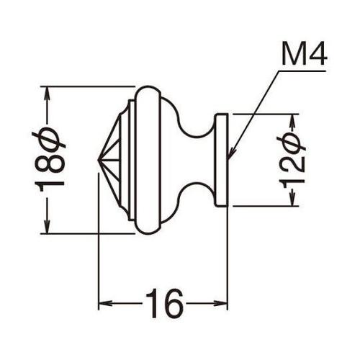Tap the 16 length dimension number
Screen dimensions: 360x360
click(163, 303)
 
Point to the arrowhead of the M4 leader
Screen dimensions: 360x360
click(229, 155)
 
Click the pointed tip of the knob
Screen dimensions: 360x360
click(99, 160)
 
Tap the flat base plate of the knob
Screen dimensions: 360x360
click(222, 160)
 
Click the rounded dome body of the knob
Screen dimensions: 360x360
click(158, 160)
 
